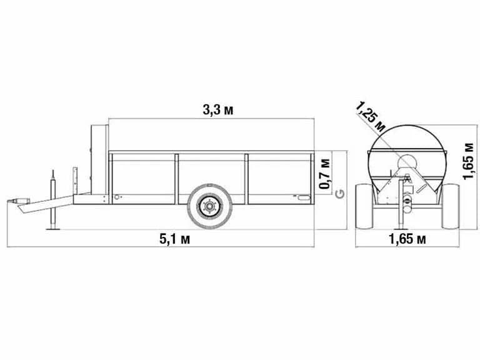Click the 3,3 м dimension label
(x=217, y=110)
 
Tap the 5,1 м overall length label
(x=174, y=239)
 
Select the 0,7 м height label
(x=325, y=174)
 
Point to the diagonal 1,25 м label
(x=371, y=117)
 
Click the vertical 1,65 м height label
(x=468, y=161)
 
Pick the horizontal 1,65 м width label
(x=407, y=239)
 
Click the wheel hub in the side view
(x=209, y=206)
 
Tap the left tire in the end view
(x=364, y=206)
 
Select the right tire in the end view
(x=450, y=206)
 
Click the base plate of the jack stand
(x=53, y=228)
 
